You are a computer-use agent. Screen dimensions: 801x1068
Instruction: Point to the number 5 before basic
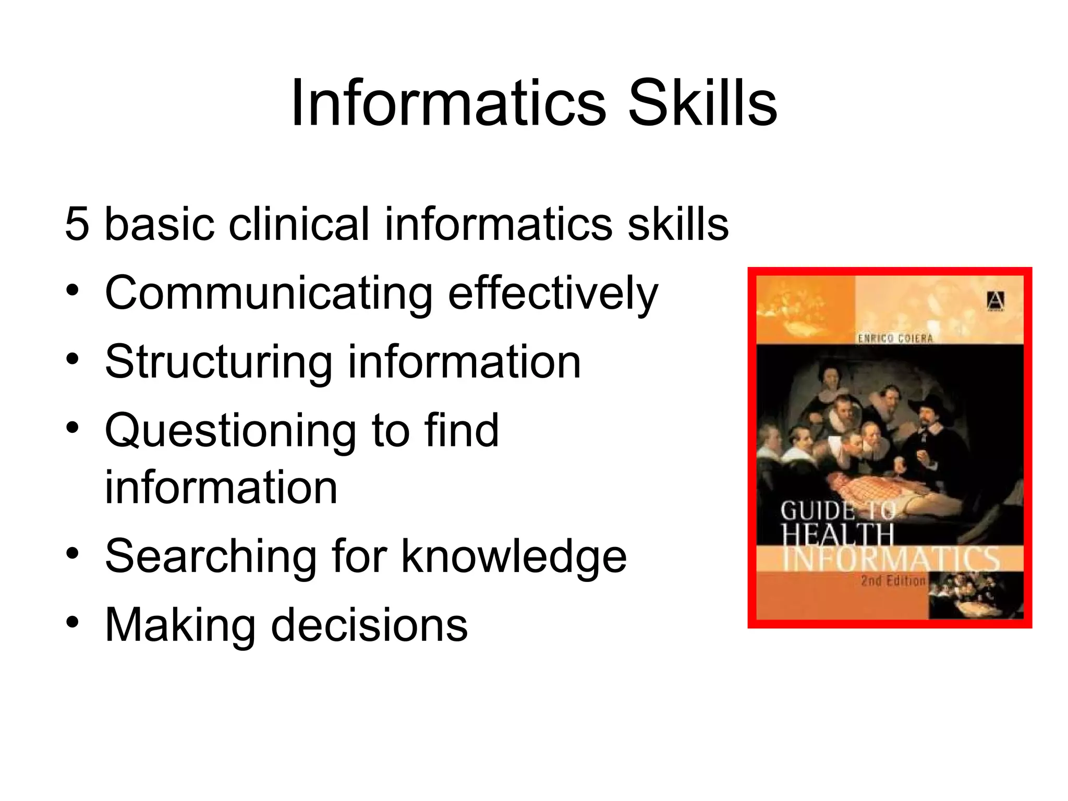77,224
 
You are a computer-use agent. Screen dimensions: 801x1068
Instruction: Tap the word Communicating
269,294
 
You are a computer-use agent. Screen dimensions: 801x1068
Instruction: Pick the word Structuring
219,362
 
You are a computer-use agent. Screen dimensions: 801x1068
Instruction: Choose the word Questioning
230,432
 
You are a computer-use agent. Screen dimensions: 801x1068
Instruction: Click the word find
462,431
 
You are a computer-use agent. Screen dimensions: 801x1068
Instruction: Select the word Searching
210,557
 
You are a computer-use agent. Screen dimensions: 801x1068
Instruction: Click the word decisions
369,625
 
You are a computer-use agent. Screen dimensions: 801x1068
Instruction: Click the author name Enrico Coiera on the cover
895,338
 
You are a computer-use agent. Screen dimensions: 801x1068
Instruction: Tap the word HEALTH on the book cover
838,535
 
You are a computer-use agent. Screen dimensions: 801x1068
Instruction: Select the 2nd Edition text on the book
893,581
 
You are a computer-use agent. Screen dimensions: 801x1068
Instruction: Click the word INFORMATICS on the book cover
891,559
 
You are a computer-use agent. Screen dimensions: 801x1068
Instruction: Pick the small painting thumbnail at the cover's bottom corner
975,594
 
